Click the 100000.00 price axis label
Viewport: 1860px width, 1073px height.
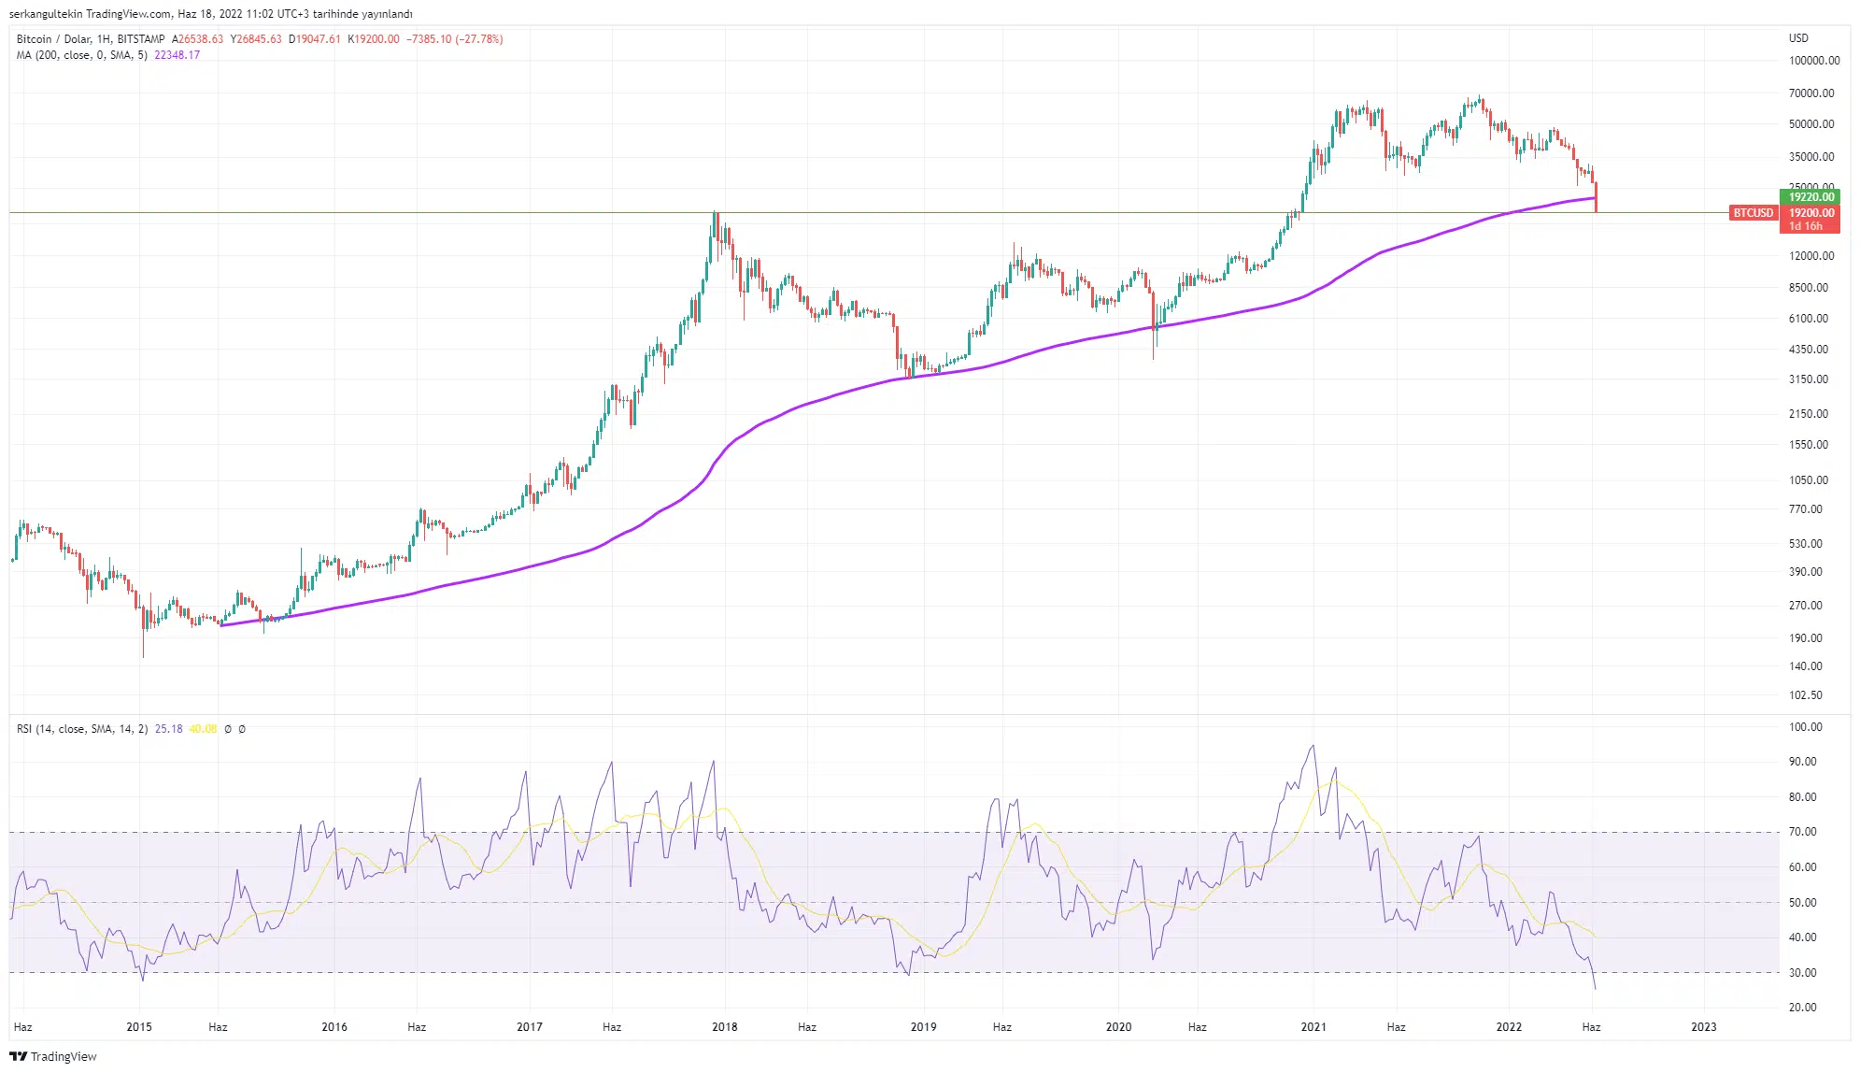point(1813,61)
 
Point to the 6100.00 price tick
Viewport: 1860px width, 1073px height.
point(1808,319)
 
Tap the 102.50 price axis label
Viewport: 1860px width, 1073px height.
point(1805,695)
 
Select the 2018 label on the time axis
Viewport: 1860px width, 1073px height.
point(724,1027)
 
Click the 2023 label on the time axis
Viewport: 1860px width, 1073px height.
point(1703,1027)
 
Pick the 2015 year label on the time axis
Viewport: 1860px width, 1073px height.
point(138,1027)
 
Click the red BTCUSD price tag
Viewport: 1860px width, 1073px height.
point(1753,213)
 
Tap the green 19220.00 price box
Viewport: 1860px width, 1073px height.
point(1810,197)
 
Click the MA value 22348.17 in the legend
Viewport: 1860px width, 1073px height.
point(177,55)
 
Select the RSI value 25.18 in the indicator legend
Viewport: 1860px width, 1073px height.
point(168,729)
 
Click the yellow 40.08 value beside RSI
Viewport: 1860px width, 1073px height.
point(203,729)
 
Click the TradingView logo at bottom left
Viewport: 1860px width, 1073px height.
point(53,1056)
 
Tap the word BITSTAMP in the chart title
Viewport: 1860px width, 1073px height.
point(141,39)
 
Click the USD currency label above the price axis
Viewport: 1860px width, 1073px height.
point(1798,38)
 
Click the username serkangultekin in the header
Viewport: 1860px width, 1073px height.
point(45,14)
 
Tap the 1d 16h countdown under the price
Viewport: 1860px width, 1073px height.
point(1805,226)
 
